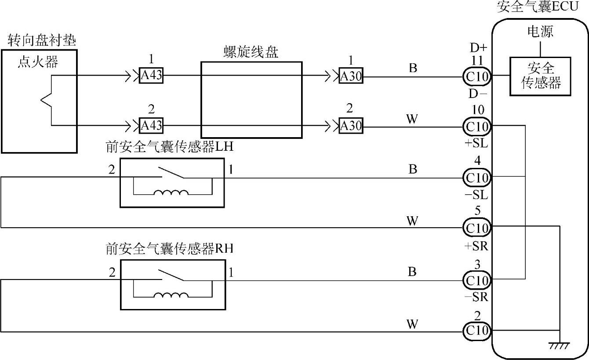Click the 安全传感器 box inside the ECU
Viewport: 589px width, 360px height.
540,76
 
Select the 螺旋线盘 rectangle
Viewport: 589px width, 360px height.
251,100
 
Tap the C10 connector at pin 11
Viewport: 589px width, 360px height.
476,76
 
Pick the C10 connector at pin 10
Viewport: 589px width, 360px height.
476,127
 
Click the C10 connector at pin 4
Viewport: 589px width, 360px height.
476,178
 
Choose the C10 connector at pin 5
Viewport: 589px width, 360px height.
476,228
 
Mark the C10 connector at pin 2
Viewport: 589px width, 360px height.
476,330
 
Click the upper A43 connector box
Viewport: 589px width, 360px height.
151,76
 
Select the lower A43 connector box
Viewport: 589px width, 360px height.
151,126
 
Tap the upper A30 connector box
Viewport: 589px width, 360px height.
351,76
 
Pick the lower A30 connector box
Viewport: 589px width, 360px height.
351,127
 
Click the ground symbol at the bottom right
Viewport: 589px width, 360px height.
560,345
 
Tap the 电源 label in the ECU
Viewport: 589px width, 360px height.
540,32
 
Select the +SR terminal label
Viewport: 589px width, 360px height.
476,246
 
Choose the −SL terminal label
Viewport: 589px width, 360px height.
476,195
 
